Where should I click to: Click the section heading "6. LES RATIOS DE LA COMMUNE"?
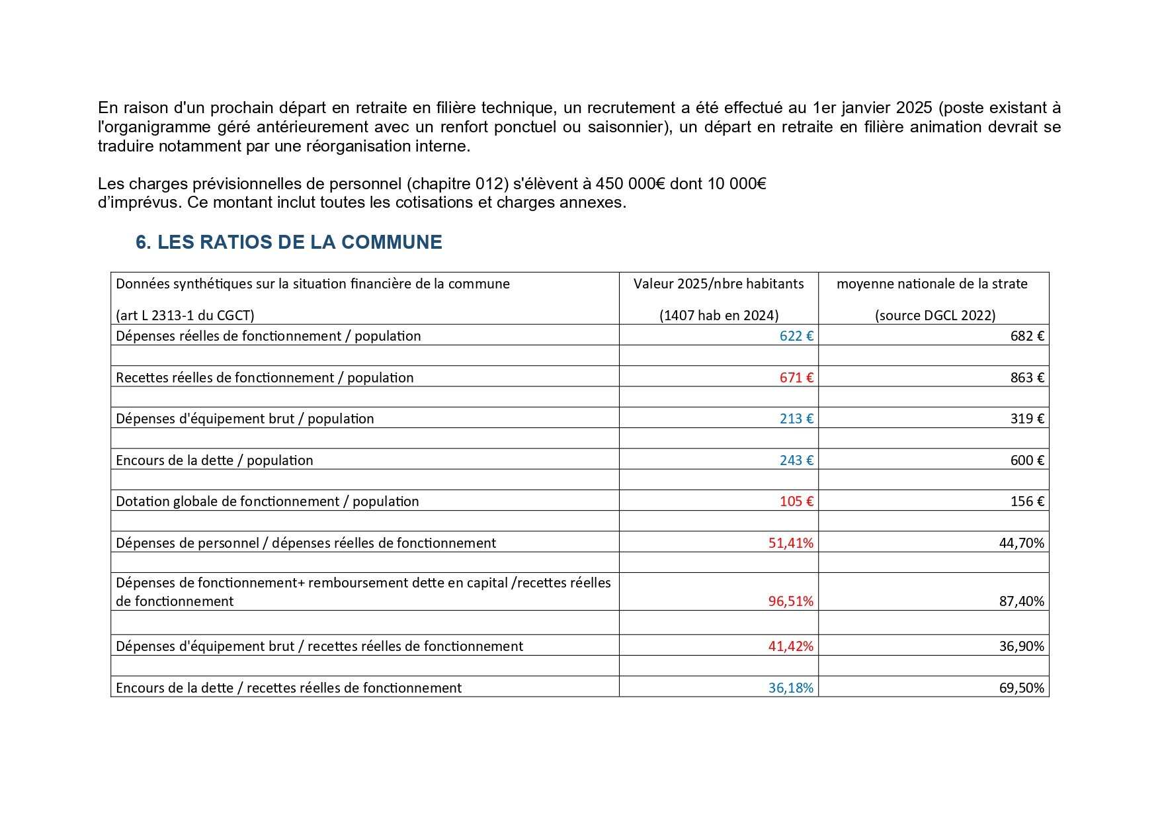288,242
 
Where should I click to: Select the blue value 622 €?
796,336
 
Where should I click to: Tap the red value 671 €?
796,378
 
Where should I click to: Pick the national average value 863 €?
1027,378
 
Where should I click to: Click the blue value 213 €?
796,419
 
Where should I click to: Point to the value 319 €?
1027,419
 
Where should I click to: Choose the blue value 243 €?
796,460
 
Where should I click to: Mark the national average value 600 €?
1027,460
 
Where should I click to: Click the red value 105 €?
796,501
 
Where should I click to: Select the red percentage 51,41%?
791,543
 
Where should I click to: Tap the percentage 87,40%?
1022,601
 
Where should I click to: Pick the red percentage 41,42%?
791,646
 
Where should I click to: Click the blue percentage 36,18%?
791,688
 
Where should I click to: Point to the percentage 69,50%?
1022,688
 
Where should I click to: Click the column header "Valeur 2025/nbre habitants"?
719,284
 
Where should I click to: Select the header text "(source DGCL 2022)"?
935,316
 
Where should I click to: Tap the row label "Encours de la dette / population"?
214,460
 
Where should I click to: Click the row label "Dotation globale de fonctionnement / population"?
267,501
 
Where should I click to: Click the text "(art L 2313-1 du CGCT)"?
185,316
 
